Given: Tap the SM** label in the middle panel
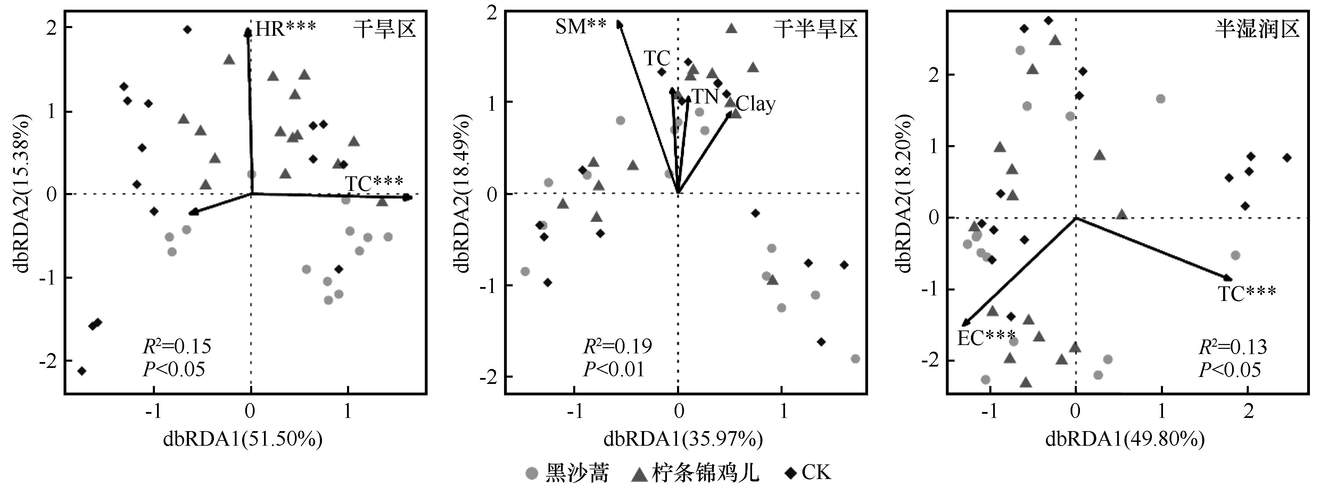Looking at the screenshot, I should pos(580,26).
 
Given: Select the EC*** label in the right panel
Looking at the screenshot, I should pos(987,338).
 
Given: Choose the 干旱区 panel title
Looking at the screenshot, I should pos(384,29).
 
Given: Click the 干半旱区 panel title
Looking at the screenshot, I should pos(815,29).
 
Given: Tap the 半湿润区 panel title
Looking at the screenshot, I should pos(1257,29).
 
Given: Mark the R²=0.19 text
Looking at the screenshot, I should pos(618,347).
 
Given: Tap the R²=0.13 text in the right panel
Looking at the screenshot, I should pos(1232,347).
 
